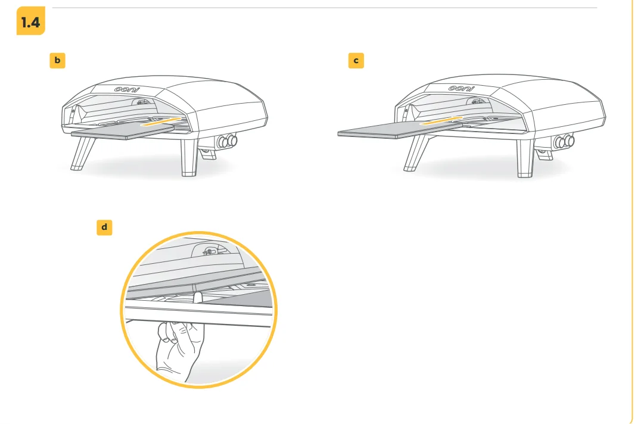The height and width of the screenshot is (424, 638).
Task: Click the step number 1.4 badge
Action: pos(30,21)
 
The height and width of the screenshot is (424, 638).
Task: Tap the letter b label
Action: pos(57,60)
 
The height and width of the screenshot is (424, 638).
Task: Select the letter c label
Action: pos(356,61)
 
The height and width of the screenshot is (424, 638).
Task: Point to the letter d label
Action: pos(104,227)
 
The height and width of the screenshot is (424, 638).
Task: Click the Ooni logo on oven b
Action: pos(126,89)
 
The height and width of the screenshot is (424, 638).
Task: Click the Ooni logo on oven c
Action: pos(462,88)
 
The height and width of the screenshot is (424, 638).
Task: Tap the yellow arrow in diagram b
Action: pos(160,121)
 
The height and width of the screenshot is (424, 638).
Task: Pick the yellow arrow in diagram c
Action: pos(441,120)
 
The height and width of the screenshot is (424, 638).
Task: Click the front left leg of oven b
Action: pos(83,154)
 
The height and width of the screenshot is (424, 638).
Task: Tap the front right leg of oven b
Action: pos(189,158)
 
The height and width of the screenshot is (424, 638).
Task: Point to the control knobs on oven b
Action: pos(227,141)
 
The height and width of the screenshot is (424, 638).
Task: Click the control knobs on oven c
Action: pos(564,142)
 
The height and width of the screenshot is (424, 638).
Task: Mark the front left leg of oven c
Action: pos(416,153)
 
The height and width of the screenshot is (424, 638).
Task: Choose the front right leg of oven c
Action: pos(525,158)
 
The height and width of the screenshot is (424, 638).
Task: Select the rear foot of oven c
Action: pos(544,155)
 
